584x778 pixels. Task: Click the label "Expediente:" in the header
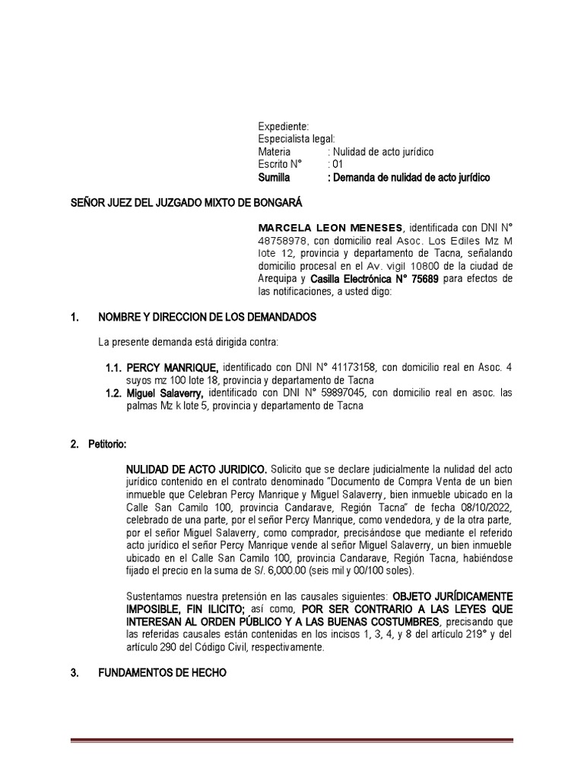click(x=283, y=125)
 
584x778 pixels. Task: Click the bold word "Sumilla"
click(x=278, y=177)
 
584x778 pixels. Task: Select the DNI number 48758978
click(x=284, y=240)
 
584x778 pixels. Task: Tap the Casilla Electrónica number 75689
click(x=424, y=279)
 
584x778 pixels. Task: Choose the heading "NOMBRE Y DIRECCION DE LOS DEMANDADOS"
click(x=202, y=316)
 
